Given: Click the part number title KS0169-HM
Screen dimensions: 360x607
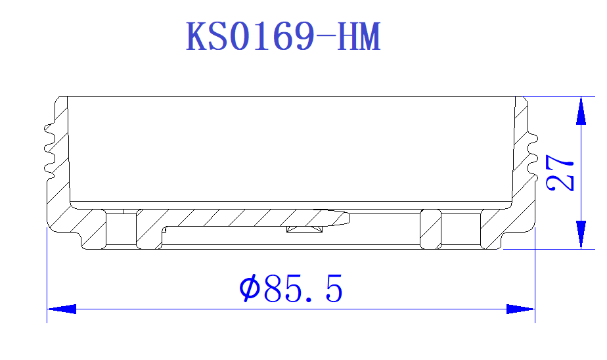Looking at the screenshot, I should (284, 37).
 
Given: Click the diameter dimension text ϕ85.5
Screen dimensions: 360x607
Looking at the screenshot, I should (291, 289).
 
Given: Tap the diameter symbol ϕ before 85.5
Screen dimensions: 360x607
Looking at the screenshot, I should (249, 289).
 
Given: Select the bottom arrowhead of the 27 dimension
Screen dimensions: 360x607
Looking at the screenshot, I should (581, 235).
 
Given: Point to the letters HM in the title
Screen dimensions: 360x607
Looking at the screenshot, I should (359, 37).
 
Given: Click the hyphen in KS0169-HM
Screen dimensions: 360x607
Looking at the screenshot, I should (325, 38).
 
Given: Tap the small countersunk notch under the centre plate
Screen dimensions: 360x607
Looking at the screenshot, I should (305, 229).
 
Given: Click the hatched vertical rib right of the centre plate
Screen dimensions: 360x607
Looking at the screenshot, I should (430, 230).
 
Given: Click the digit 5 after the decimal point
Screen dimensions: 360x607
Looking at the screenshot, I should (334, 289).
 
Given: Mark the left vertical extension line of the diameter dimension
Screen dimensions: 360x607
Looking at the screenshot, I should (47, 276).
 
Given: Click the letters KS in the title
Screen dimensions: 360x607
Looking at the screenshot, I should (206, 37).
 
